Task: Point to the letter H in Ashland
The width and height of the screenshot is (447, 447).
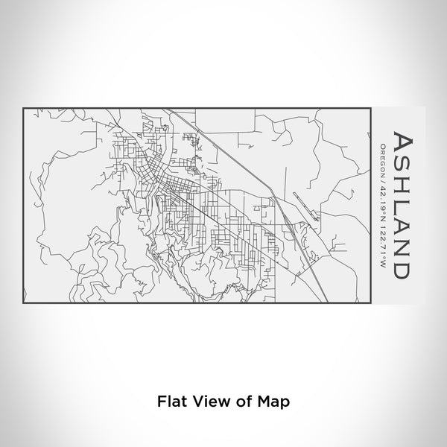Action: [400, 186]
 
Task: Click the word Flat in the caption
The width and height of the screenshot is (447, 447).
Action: [170, 400]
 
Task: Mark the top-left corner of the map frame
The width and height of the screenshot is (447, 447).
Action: [25, 108]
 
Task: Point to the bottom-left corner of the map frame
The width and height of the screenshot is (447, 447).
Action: [25, 303]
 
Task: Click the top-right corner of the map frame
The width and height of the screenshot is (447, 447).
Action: [370, 108]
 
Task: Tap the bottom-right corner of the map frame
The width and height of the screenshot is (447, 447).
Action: [370, 303]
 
